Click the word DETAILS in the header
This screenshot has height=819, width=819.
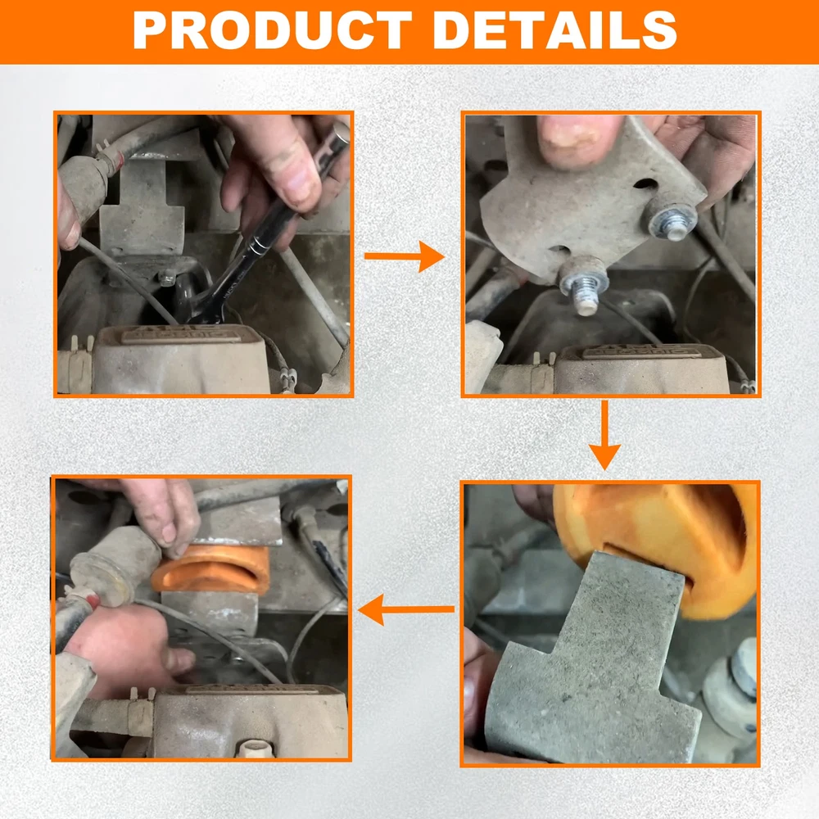(555, 29)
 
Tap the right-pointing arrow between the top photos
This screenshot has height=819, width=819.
(405, 256)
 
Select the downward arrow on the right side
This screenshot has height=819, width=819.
(604, 435)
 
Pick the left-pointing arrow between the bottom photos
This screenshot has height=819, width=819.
(406, 609)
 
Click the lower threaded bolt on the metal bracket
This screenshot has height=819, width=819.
(584, 286)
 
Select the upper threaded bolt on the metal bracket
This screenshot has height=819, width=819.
(672, 219)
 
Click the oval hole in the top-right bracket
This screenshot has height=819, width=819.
(645, 184)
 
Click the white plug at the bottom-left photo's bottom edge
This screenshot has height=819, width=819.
(256, 749)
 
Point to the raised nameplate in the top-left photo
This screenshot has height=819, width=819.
(181, 334)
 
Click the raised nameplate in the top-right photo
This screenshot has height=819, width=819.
(641, 351)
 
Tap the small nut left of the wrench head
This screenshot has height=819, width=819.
(166, 278)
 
